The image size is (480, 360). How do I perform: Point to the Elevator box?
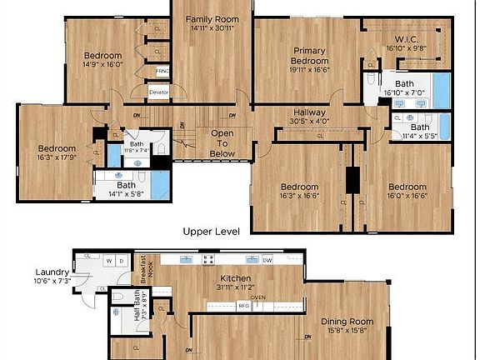point(159,91)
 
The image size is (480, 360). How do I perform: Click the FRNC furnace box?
point(162,71)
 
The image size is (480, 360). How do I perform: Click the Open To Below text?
point(222,143)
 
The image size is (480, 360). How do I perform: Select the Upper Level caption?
point(212,231)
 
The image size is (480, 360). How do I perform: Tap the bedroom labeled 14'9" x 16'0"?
point(102,58)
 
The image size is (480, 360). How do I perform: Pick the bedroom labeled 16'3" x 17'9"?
point(57,153)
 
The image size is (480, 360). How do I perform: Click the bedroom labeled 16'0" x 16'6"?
point(407,191)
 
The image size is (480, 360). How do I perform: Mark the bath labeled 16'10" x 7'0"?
point(404,89)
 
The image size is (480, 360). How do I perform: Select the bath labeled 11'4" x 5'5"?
point(419,132)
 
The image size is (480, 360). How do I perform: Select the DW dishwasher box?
point(267,261)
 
